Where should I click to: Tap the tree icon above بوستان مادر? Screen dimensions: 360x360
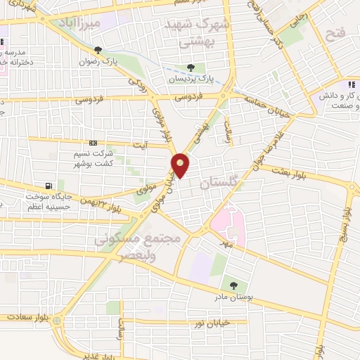pyautogui.click(x=233, y=285)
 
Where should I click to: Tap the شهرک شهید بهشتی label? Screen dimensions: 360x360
pyautogui.click(x=199, y=31)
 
